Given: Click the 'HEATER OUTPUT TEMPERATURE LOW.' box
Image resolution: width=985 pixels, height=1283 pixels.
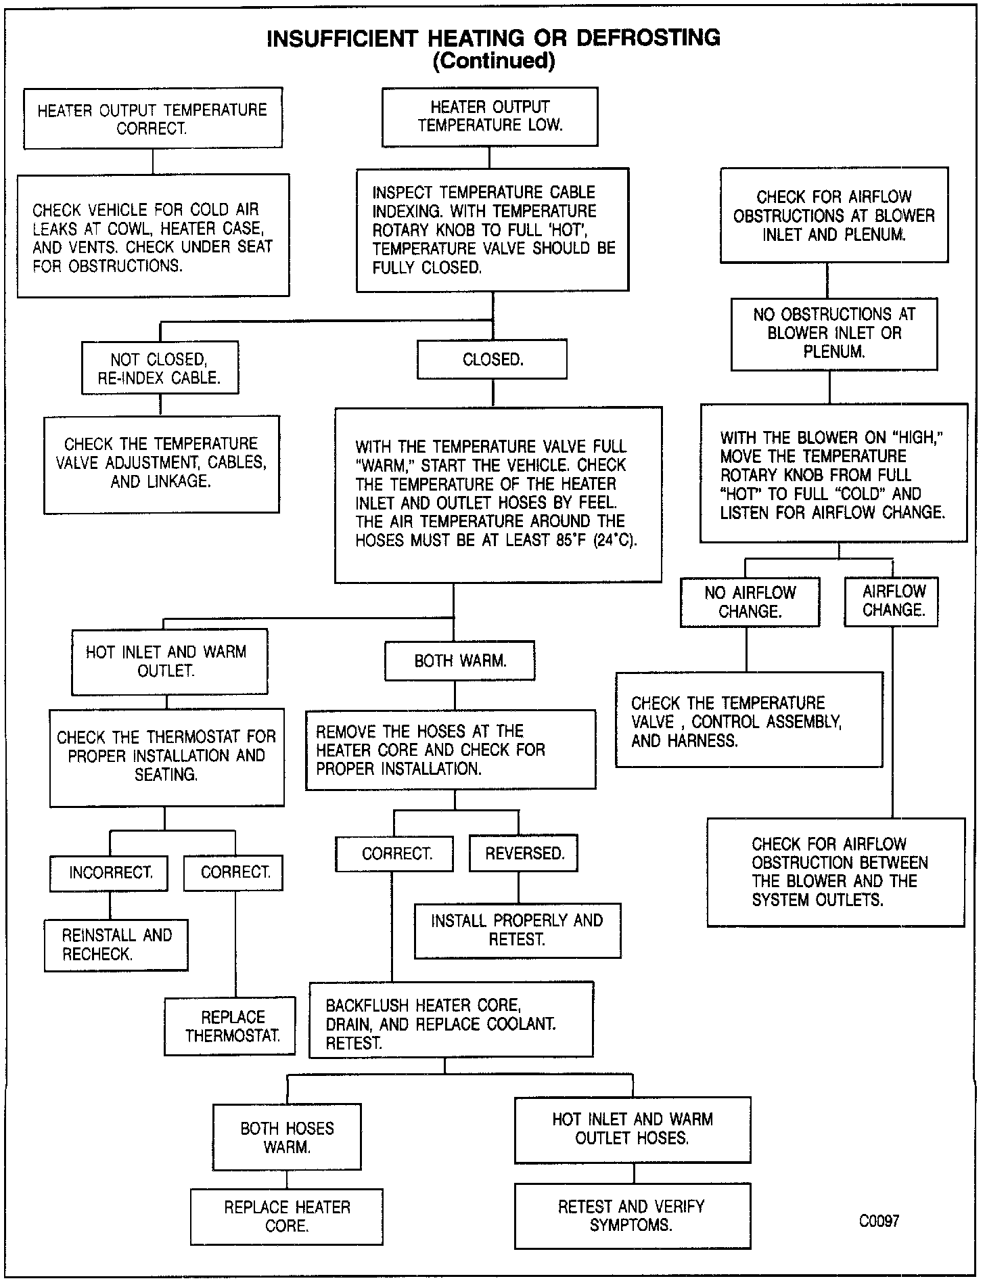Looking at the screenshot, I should pyautogui.click(x=490, y=116).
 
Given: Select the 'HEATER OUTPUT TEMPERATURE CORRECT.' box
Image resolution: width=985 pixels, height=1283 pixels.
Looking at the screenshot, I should pyautogui.click(x=153, y=118).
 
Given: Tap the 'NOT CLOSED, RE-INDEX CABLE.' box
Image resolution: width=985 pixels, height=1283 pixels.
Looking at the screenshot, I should pyautogui.click(x=160, y=368).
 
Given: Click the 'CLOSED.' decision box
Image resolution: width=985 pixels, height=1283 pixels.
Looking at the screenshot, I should pyautogui.click(x=492, y=360).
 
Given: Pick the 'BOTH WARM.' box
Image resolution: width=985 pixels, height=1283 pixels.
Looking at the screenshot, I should pyautogui.click(x=460, y=661).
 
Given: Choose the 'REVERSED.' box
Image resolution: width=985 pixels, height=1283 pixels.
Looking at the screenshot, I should pyautogui.click(x=524, y=854).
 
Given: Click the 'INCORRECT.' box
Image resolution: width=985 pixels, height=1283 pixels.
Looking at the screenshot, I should pyautogui.click(x=110, y=873).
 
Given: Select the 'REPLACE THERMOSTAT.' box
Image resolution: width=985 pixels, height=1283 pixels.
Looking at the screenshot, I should pyautogui.click(x=230, y=1026).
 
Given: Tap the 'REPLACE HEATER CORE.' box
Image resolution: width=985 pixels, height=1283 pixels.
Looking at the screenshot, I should pyautogui.click(x=287, y=1217).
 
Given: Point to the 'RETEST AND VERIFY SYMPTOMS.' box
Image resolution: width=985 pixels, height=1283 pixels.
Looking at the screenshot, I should pyautogui.click(x=632, y=1216).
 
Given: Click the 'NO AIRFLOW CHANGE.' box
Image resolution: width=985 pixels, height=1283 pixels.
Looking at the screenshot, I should pyautogui.click(x=750, y=602).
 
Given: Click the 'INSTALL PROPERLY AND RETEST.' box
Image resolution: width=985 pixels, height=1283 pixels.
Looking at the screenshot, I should pyautogui.click(x=518, y=930).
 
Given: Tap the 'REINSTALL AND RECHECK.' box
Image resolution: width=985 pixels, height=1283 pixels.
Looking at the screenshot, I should pyautogui.click(x=116, y=945).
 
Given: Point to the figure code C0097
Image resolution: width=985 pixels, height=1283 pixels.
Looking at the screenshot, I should pyautogui.click(x=879, y=1221).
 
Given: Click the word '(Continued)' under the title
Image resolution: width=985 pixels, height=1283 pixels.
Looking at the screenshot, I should pyautogui.click(x=493, y=62).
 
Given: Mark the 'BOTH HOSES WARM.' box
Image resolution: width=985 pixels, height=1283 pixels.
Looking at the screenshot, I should pyautogui.click(x=287, y=1137).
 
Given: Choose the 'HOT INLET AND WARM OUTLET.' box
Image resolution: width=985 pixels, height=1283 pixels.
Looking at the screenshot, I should pyautogui.click(x=166, y=661).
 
